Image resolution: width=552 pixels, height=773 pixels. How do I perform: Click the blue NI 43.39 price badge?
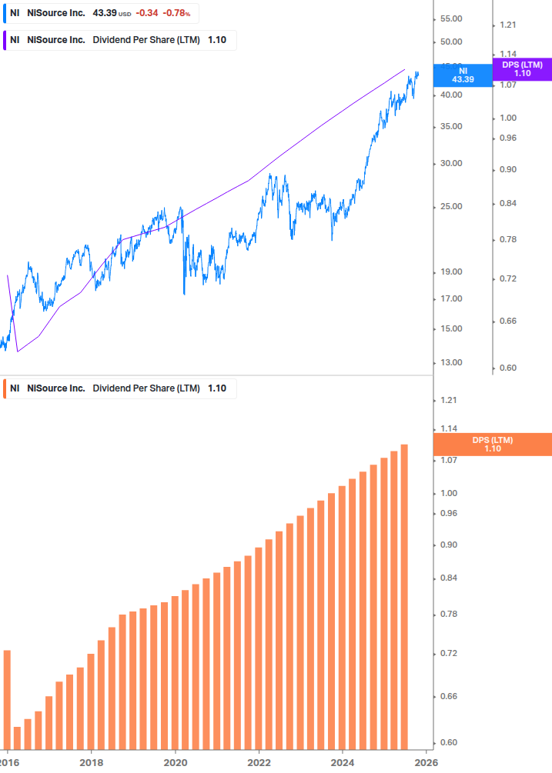(x=463, y=75)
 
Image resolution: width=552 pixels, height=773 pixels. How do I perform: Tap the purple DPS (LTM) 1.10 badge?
(x=522, y=69)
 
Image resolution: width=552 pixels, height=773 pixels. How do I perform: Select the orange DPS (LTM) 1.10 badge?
(x=493, y=445)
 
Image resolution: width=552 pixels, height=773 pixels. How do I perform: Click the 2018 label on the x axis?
(x=91, y=761)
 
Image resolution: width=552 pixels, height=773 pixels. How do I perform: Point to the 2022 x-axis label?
(x=259, y=761)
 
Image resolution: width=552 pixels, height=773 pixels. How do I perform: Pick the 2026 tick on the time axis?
(x=426, y=761)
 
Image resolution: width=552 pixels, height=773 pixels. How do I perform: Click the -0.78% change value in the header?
(x=176, y=13)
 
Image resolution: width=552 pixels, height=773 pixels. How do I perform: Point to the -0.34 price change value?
(x=146, y=13)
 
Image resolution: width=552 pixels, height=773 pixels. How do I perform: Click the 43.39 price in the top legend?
(x=105, y=13)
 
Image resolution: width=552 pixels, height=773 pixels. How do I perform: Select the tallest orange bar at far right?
(x=404, y=596)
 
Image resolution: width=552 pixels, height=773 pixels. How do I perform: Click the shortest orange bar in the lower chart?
(x=17, y=737)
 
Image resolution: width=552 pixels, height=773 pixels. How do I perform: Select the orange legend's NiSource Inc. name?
(x=56, y=388)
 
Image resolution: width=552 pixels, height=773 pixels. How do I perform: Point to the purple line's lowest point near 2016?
(x=17, y=352)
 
